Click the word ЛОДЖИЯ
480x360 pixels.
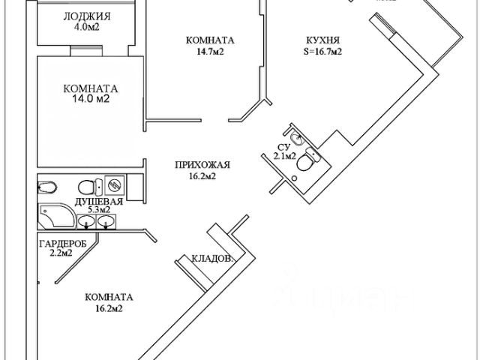pos(88,16)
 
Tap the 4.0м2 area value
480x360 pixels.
pos(88,28)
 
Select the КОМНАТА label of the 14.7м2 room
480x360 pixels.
pos(200,40)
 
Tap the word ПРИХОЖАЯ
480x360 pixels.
pos(202,166)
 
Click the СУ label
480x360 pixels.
pos(283,147)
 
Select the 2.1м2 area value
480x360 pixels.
pos(284,157)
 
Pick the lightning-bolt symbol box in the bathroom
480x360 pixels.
pos(115,184)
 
